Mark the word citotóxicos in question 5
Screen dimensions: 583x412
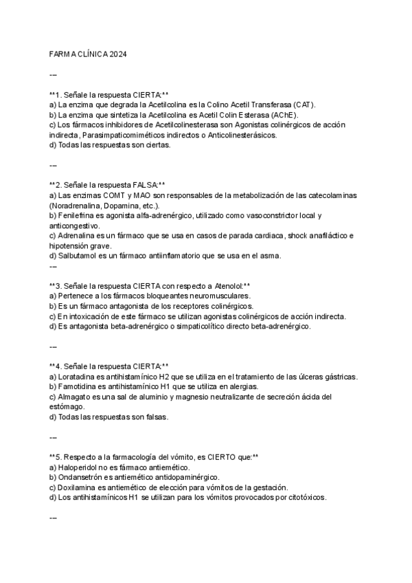306,497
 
